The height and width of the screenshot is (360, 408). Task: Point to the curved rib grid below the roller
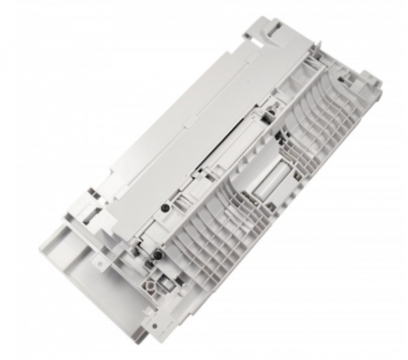tap(224, 251)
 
